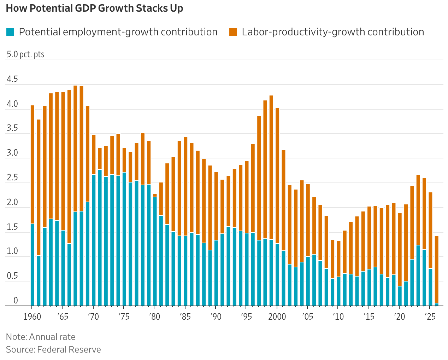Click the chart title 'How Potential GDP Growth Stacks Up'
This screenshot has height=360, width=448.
pyautogui.click(x=94, y=8)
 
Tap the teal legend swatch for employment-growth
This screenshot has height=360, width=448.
pyautogui.click(x=11, y=32)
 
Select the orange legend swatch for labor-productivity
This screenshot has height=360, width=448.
pyautogui.click(x=233, y=32)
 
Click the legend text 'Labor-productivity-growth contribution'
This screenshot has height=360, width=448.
pyautogui.click(x=333, y=32)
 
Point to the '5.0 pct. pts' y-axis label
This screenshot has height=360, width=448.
pyautogui.click(x=25, y=54)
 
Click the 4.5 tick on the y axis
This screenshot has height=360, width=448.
pyautogui.click(x=12, y=79)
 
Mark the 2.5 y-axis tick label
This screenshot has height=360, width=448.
pyautogui.click(x=12, y=178)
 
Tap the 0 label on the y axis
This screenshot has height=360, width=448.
pyautogui.click(x=16, y=301)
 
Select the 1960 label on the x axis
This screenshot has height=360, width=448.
pyautogui.click(x=33, y=316)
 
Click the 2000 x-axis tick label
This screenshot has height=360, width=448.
pyautogui.click(x=277, y=316)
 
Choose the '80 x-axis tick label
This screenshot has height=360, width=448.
pyautogui.click(x=154, y=316)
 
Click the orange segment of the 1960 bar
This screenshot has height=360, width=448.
pyautogui.click(x=33, y=164)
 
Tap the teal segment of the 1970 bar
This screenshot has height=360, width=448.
pyautogui.click(x=94, y=240)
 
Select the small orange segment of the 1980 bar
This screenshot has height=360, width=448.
pyautogui.click(x=155, y=195)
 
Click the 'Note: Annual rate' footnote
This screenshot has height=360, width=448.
pyautogui.click(x=41, y=337)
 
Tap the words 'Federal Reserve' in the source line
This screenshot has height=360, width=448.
pyautogui.click(x=69, y=350)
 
